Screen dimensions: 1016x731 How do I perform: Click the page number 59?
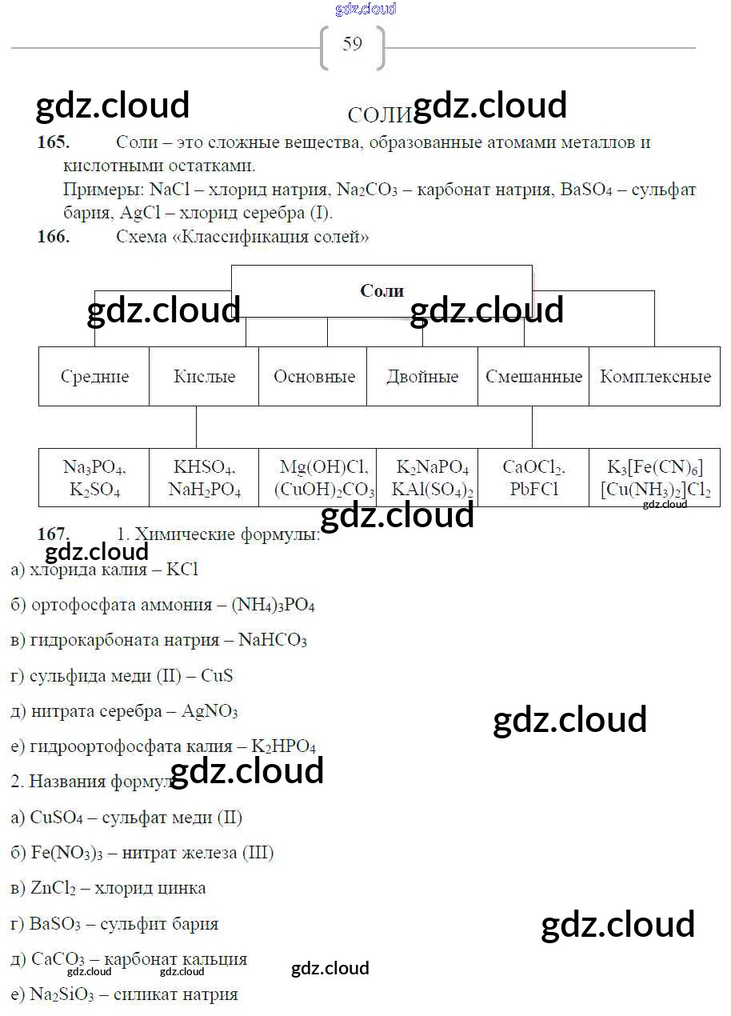(352, 44)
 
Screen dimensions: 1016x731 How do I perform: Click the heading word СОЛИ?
(380, 115)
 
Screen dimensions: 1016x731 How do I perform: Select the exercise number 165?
(54, 142)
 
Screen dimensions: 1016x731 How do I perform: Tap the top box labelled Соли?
(381, 291)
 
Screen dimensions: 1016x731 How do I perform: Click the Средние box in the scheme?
(94, 377)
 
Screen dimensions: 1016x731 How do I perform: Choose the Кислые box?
(204, 377)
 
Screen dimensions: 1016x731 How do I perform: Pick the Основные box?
(314, 377)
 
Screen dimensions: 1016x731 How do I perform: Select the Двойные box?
(422, 377)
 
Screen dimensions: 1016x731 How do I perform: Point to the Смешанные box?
(533, 377)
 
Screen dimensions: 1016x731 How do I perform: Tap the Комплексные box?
(655, 377)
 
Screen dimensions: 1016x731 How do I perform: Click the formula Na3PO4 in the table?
(94, 468)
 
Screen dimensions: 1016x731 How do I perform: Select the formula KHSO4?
(204, 468)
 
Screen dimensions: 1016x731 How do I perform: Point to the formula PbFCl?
(533, 490)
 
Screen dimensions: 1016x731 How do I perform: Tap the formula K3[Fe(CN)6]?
(655, 468)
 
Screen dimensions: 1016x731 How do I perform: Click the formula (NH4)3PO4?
(273, 606)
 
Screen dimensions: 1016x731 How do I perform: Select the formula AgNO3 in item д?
(210, 711)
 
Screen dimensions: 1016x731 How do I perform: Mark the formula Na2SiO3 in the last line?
(62, 995)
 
